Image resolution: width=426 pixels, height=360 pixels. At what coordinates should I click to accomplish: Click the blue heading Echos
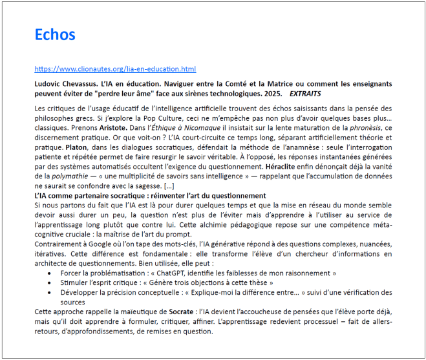[55, 34]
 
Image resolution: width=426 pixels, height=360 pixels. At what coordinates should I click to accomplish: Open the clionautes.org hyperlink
[115, 69]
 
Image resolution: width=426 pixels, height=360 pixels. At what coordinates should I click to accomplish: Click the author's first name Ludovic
[48, 84]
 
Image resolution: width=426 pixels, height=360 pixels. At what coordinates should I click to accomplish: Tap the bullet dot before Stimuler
[52, 284]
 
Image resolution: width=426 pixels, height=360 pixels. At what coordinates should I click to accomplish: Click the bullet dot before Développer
[52, 293]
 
